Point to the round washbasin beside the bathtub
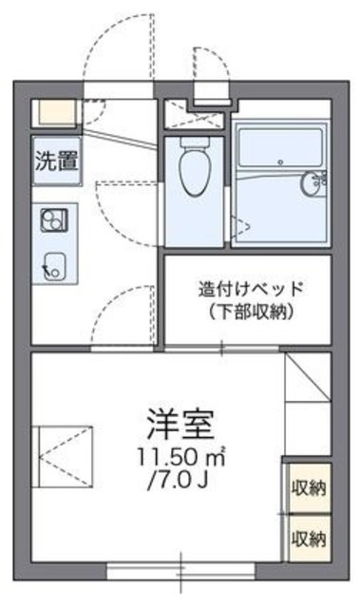point(312,184)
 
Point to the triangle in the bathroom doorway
point(241,226)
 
